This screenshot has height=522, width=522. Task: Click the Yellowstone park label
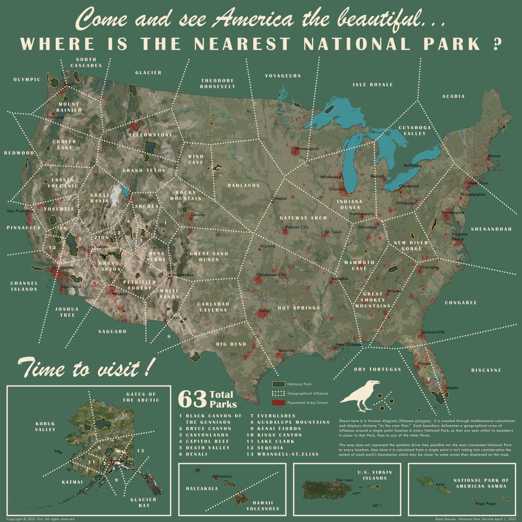coord(150,135)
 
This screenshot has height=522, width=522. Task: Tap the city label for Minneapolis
coord(307,148)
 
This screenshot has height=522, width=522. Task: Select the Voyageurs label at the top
coord(283,76)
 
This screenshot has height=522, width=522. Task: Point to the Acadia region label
coord(453,96)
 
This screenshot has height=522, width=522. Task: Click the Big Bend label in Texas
coord(231,344)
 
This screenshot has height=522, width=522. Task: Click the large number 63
coord(192,399)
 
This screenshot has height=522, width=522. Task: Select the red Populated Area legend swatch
coord(278,402)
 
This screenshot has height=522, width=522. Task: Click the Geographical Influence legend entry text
coord(308,394)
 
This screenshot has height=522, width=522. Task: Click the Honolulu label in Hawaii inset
coord(224,476)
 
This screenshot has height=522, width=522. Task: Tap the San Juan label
coord(344,480)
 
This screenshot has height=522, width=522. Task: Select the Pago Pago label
coord(485,503)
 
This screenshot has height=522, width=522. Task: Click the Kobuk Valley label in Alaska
coord(45,426)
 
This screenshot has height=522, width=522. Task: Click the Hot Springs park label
coord(299,308)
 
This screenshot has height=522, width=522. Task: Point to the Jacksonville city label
coord(433,332)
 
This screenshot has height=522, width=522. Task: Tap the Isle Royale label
coord(372,85)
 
